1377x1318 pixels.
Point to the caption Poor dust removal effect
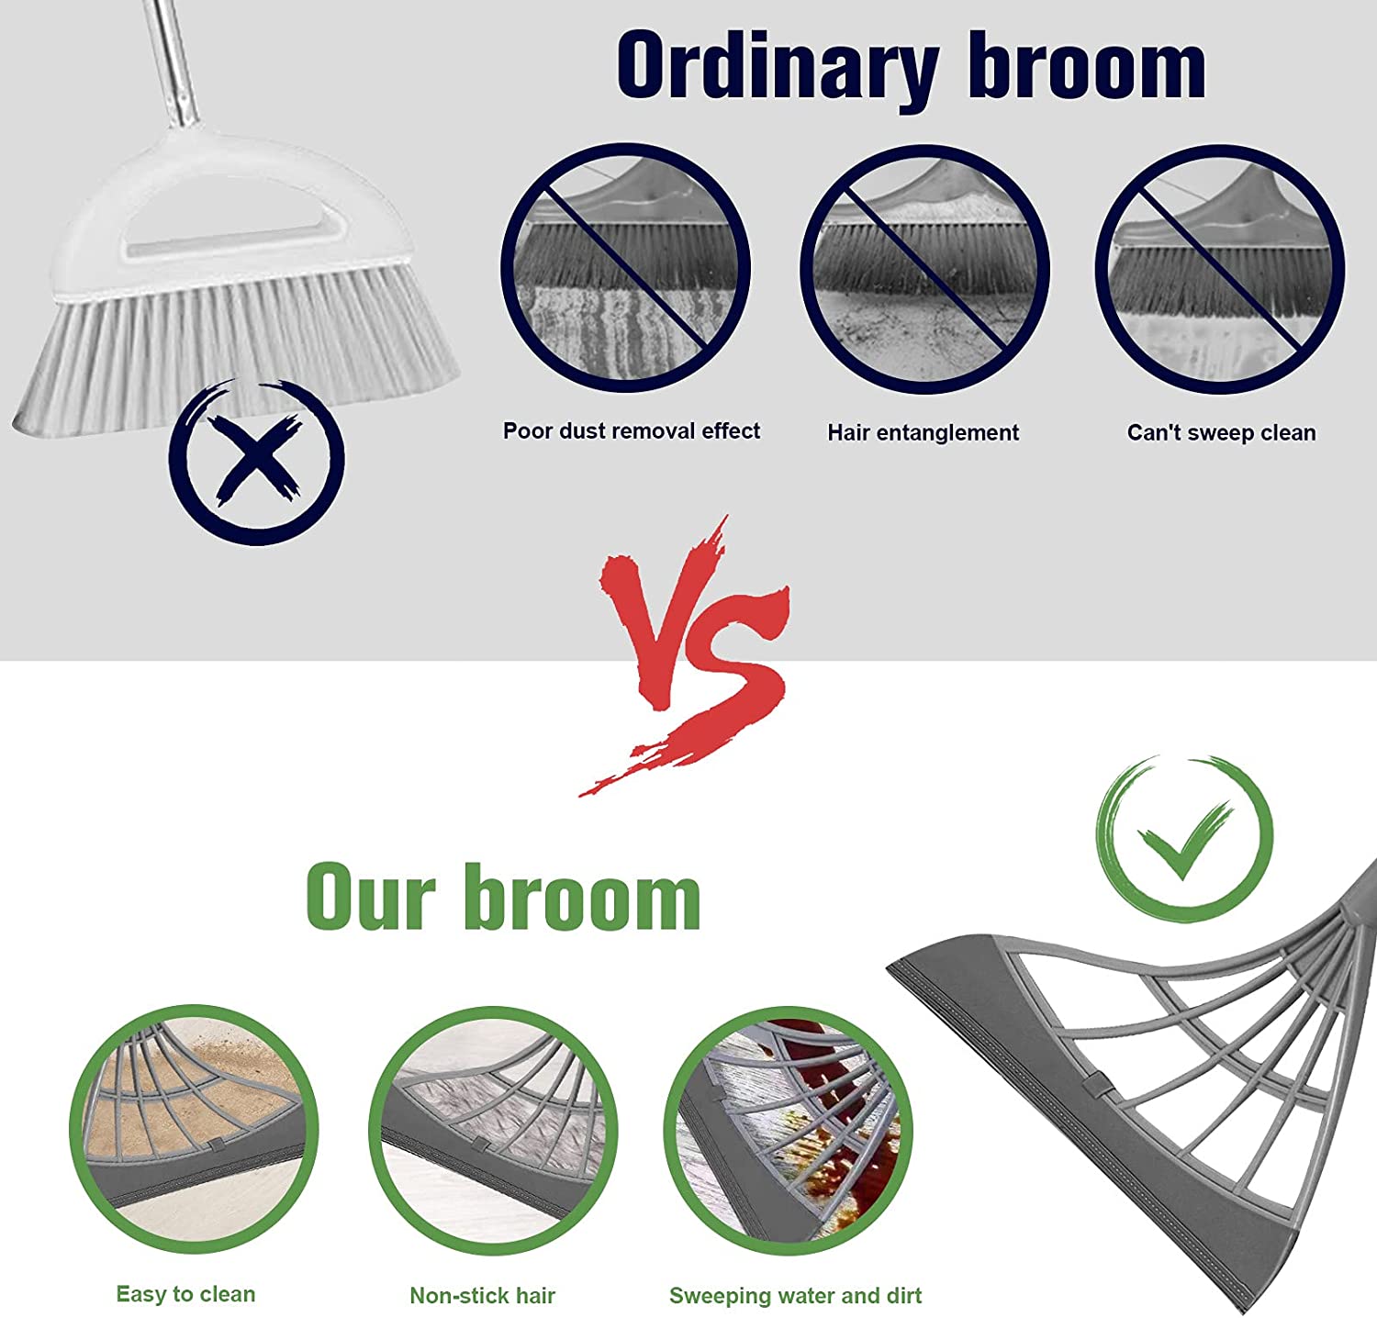[632, 431]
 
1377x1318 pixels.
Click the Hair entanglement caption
[923, 433]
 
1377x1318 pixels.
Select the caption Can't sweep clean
[1221, 433]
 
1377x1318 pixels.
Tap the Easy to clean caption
[185, 1294]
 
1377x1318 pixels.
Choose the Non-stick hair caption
[483, 1296]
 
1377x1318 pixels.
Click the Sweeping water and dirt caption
[795, 1296]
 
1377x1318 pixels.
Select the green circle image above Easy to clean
[194, 1128]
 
